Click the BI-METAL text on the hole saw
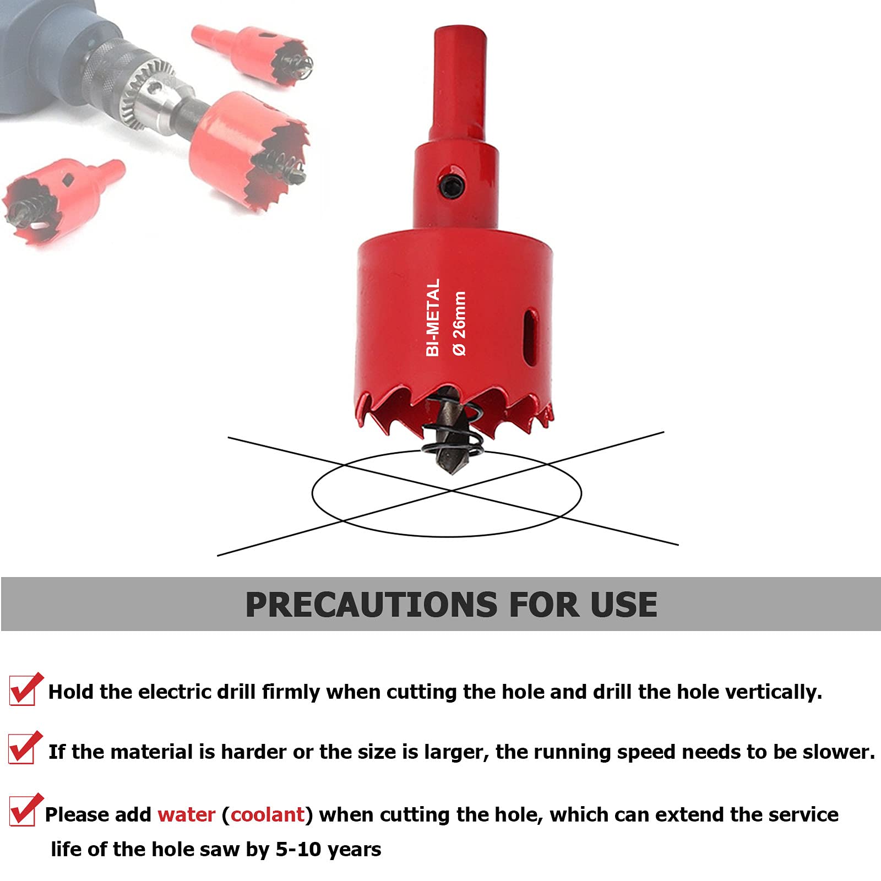pyautogui.click(x=433, y=317)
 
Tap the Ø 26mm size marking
pyautogui.click(x=459, y=323)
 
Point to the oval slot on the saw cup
pyautogui.click(x=531, y=336)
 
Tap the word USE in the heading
pyautogui.click(x=624, y=605)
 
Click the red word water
pyautogui.click(x=186, y=814)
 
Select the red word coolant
pyautogui.click(x=268, y=814)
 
